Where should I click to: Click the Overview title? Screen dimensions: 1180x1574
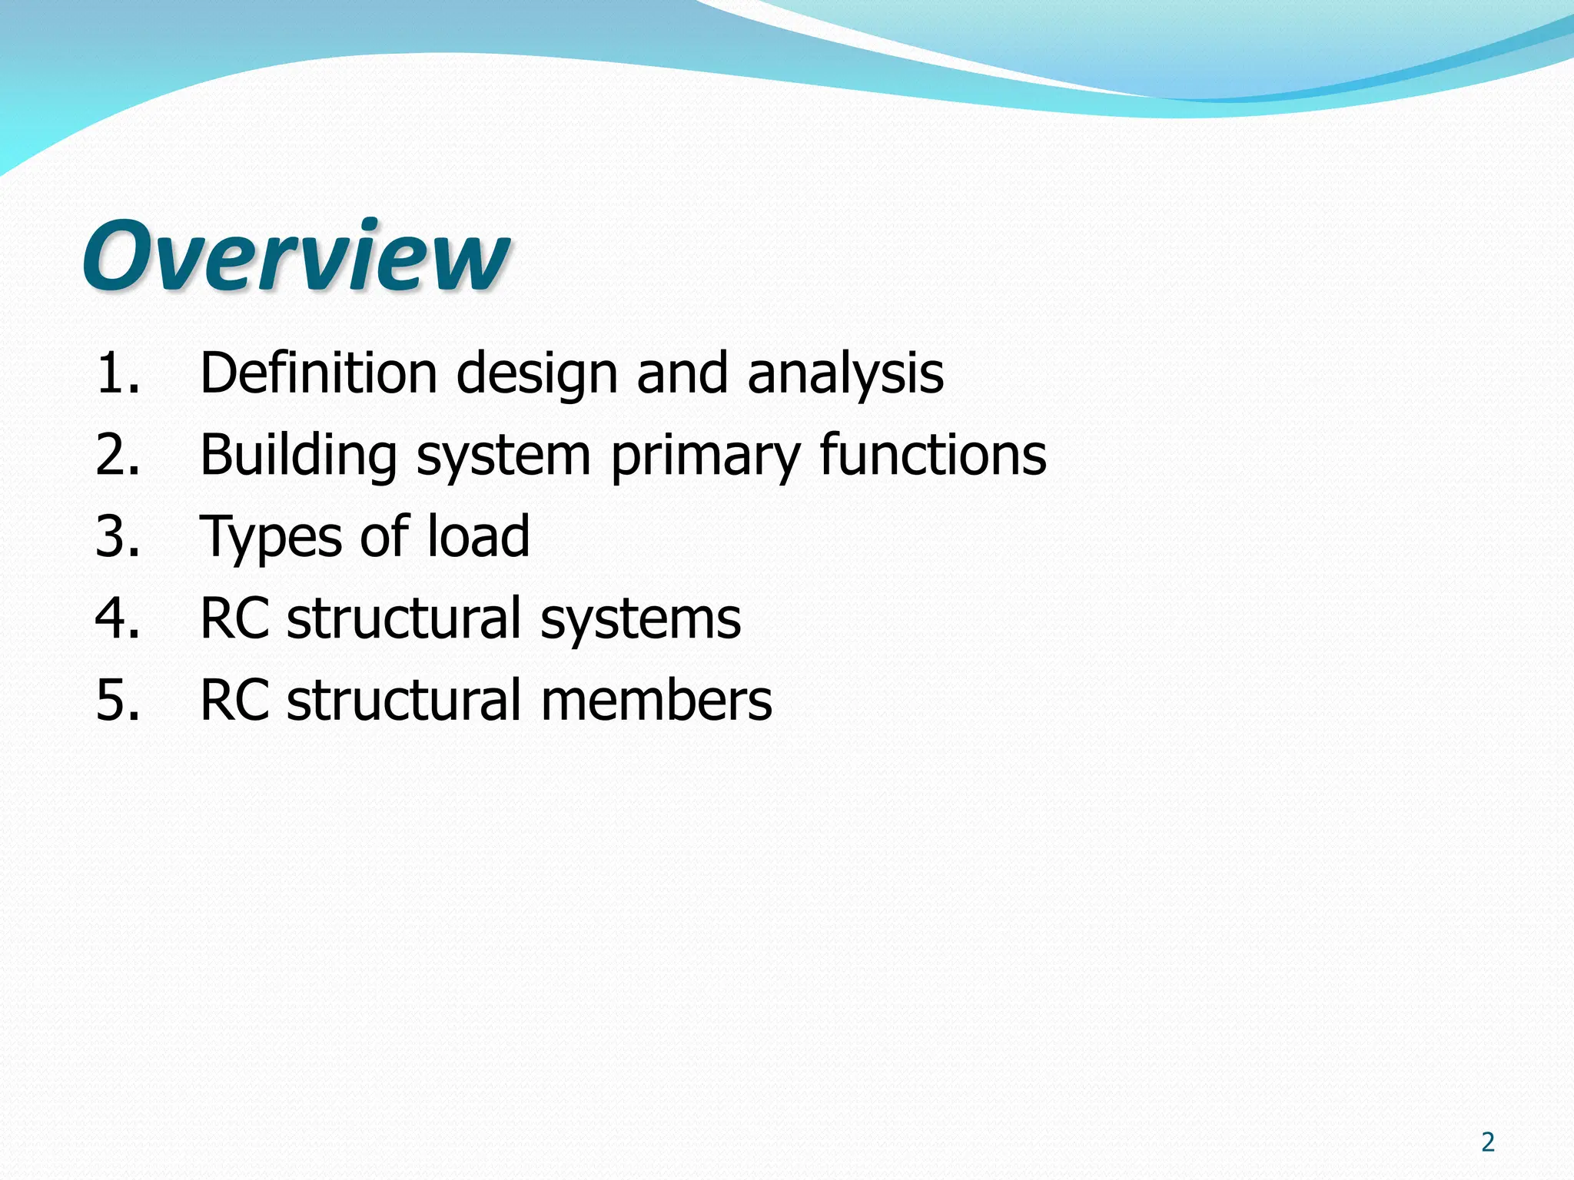pyautogui.click(x=295, y=255)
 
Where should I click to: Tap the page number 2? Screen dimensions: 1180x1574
pyautogui.click(x=1488, y=1142)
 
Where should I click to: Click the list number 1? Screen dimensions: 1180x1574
pyautogui.click(x=118, y=373)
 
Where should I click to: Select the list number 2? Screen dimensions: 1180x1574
pyautogui.click(x=118, y=455)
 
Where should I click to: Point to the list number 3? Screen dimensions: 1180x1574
pyautogui.click(x=118, y=536)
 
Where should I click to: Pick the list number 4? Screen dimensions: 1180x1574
pyautogui.click(x=118, y=618)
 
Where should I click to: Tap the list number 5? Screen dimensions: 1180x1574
pyautogui.click(x=118, y=700)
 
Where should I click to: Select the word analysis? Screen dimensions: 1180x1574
pyautogui.click(x=845, y=373)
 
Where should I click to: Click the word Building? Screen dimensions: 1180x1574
pyautogui.click(x=298, y=455)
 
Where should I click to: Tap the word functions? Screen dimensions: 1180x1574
pyautogui.click(x=933, y=455)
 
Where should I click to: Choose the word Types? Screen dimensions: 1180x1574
pyautogui.click(x=271, y=538)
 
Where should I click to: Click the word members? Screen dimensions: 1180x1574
pyautogui.click(x=656, y=700)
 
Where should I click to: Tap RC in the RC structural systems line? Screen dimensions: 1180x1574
pyautogui.click(x=234, y=618)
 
